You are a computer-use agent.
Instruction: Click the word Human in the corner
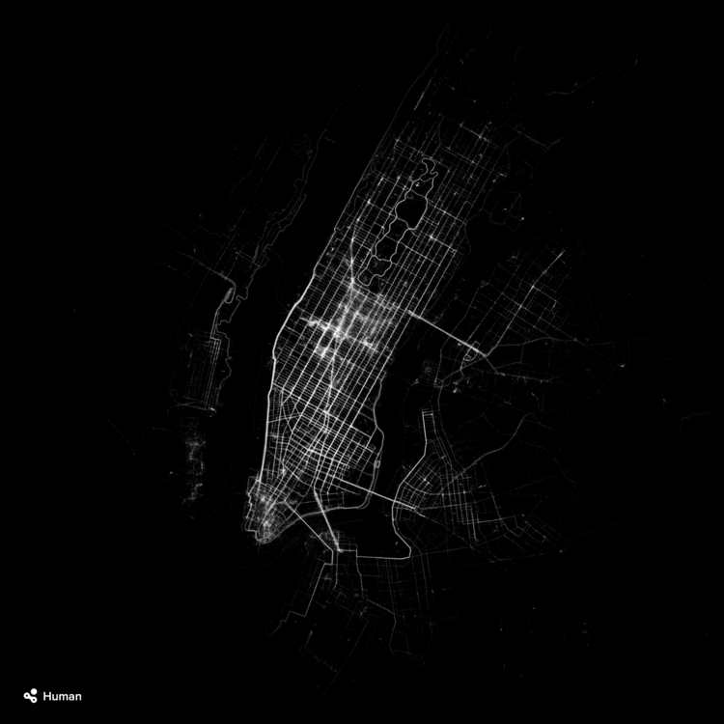point(62,696)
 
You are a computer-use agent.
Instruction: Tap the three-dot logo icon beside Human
point(31,695)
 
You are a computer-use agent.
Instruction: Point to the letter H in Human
point(47,696)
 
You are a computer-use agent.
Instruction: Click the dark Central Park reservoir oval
point(406,208)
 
